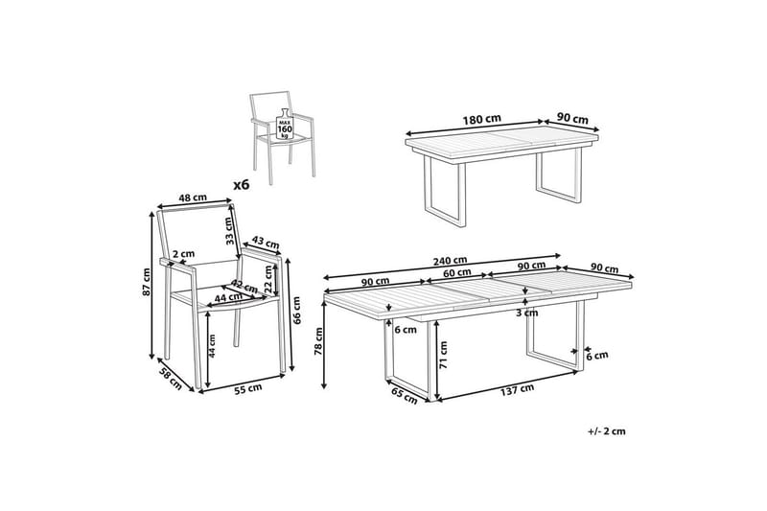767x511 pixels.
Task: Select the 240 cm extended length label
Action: pos(448,260)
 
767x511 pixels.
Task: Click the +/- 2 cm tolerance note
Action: pos(606,432)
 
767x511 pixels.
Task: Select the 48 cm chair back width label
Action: pos(193,198)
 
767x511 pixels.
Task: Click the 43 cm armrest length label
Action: pos(265,244)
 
